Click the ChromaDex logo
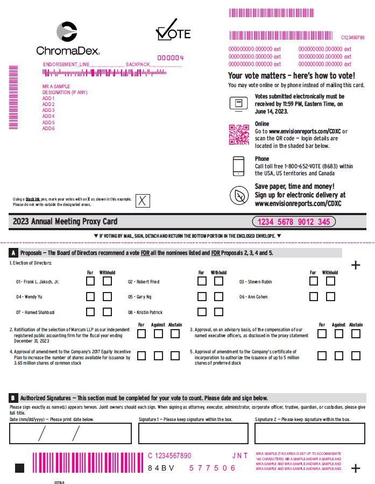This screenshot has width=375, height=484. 67,39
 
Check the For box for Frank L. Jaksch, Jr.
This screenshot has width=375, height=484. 90,281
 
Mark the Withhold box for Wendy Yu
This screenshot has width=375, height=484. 108,296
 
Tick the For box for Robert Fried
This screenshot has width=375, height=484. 202,281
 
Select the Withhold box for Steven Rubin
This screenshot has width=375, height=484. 330,281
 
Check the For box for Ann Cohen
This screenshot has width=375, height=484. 314,296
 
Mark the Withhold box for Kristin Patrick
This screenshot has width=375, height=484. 218,312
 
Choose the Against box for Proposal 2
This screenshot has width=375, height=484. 158,333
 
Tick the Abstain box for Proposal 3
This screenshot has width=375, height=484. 356,333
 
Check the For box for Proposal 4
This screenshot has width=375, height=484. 141,355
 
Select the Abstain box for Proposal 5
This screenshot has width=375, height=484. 356,355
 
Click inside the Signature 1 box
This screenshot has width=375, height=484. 193,433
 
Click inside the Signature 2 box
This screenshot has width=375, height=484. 310,433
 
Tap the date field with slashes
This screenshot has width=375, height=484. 70,433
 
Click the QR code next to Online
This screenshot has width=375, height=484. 238,133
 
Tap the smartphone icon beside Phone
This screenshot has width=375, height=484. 238,166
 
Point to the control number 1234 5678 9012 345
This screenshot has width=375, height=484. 293,222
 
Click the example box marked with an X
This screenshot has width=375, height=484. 143,201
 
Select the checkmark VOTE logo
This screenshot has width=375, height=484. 173,31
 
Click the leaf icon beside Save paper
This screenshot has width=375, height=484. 238,195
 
